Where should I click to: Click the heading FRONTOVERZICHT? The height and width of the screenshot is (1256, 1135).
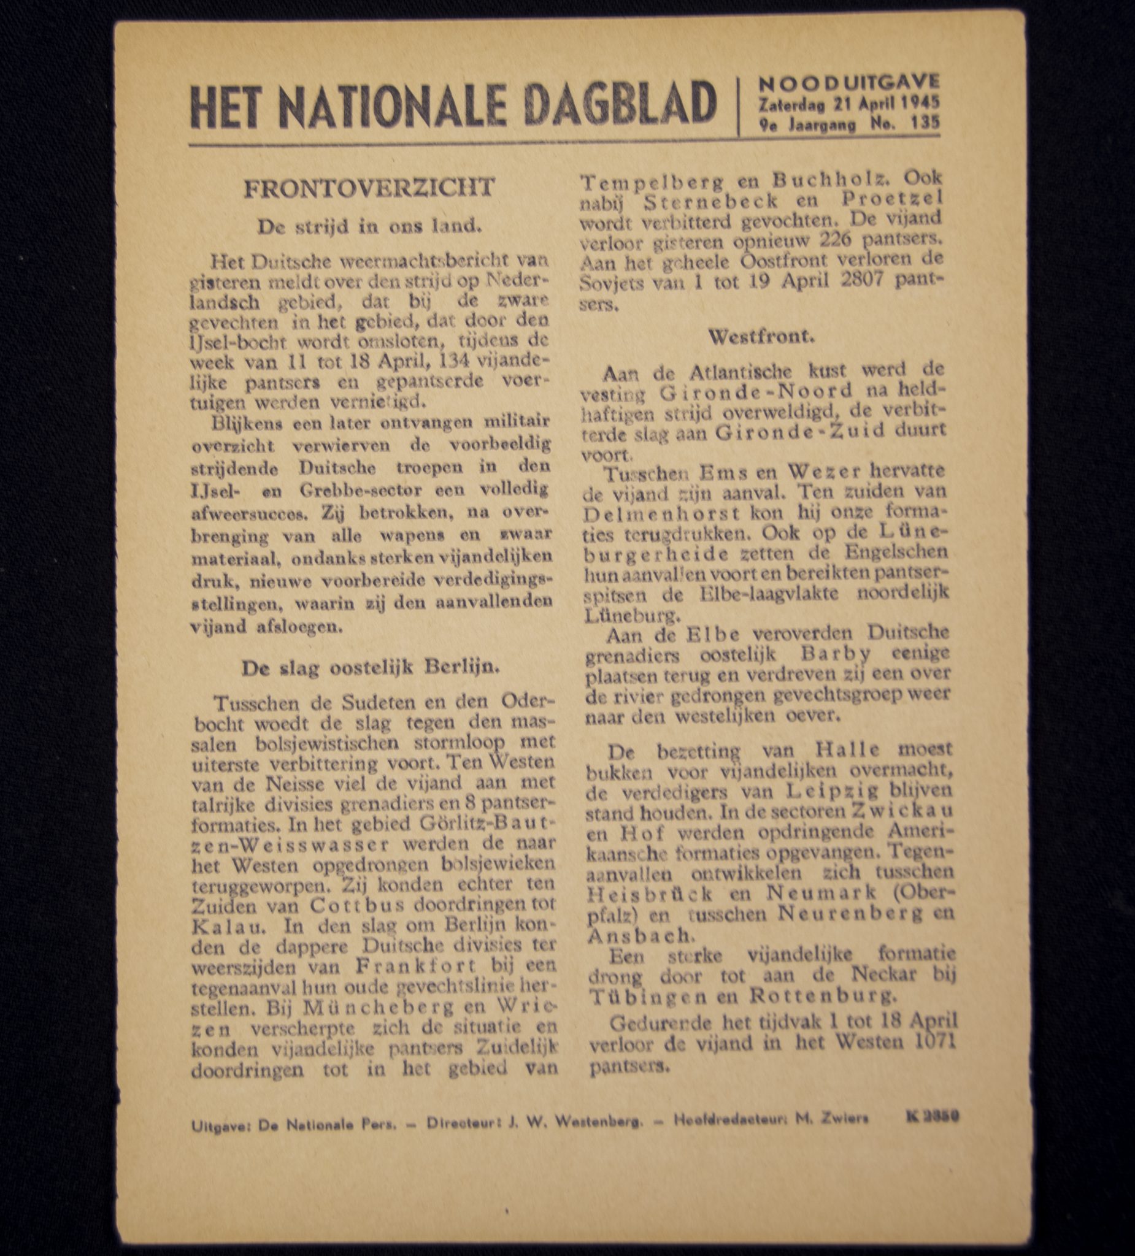click(x=369, y=188)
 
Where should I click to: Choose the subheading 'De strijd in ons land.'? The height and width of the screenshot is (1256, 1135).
click(x=370, y=226)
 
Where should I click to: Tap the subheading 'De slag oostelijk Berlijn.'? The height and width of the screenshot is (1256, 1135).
click(x=370, y=667)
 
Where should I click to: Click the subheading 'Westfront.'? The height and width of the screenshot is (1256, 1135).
click(x=761, y=337)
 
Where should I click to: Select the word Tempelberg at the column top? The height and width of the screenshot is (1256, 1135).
click(x=638, y=182)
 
